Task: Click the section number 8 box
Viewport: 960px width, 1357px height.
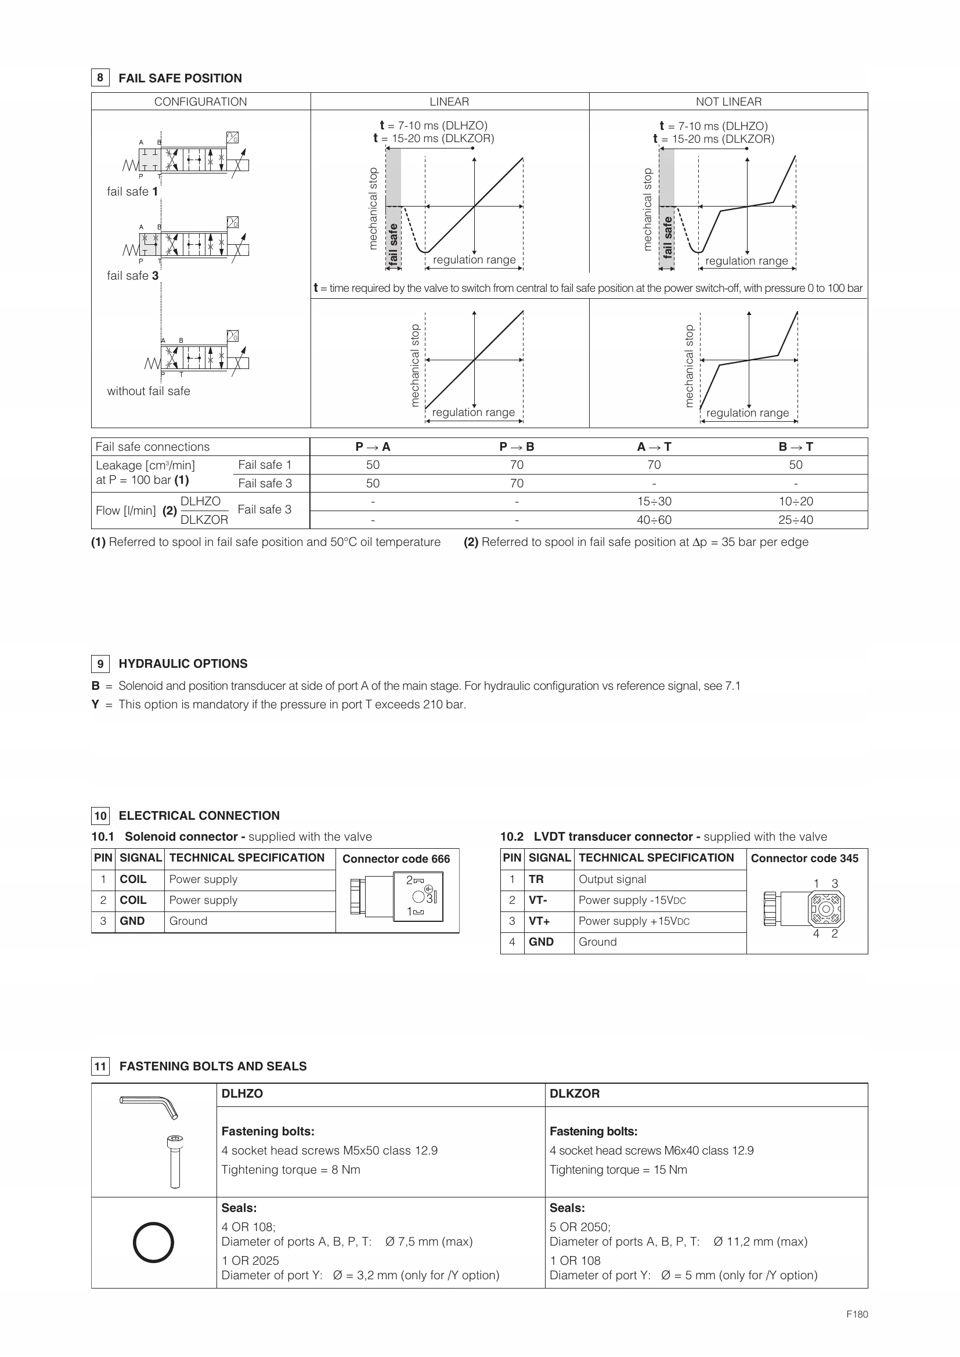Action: (100, 77)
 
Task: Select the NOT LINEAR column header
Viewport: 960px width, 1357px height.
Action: (728, 102)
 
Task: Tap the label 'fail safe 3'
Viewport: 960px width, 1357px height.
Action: (132, 276)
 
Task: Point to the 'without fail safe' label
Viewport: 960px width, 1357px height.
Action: (149, 390)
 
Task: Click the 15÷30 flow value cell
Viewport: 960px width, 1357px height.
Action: (654, 501)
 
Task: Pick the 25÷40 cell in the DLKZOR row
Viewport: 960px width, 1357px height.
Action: (796, 519)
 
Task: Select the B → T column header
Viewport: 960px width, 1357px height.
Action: (796, 447)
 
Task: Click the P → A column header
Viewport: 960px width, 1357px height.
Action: (373, 447)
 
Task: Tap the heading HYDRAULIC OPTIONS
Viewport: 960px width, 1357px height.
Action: (183, 664)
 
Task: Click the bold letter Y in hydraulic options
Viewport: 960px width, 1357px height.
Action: (95, 704)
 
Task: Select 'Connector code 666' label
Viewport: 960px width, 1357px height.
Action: (396, 859)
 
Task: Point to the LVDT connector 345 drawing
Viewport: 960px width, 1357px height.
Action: (805, 909)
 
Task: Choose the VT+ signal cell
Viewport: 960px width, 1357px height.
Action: (539, 921)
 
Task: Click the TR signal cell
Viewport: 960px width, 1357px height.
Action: (536, 879)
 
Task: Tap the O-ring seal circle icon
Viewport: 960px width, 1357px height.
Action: (153, 1242)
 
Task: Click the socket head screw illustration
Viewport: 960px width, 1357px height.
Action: (175, 1161)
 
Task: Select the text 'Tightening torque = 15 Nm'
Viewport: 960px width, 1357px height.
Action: (618, 1170)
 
